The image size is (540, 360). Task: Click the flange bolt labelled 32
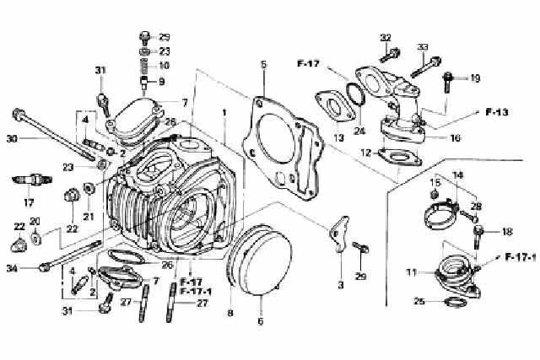393,55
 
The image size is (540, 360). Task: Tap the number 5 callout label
262,64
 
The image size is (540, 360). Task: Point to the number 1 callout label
224,112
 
